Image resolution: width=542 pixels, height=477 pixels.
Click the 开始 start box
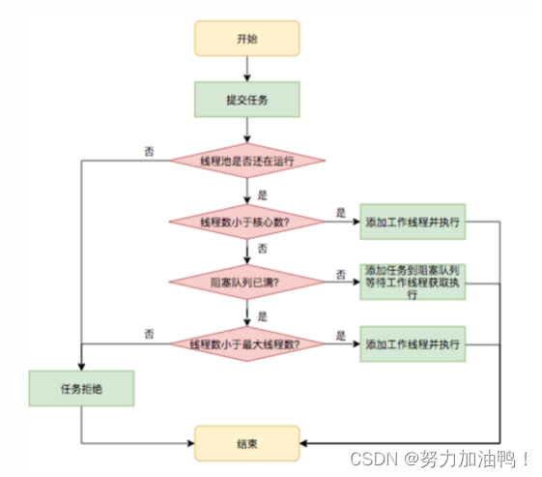tap(247, 39)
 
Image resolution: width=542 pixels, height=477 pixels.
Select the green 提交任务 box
tap(247, 99)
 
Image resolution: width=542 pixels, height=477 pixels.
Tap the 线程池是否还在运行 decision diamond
tap(247, 160)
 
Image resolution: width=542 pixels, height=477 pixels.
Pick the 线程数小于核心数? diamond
tap(247, 222)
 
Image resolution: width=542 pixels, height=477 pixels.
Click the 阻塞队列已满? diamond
tap(247, 283)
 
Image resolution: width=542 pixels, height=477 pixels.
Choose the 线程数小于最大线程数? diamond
tap(247, 343)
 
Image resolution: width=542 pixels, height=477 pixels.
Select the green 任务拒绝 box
tap(81, 389)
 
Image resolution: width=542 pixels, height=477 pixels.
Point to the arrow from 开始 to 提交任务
tap(247, 69)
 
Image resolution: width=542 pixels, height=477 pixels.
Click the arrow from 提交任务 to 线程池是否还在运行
tap(247, 129)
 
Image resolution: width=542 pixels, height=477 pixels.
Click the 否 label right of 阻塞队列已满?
tap(341, 274)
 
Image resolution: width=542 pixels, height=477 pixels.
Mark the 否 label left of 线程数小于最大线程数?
tap(149, 334)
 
